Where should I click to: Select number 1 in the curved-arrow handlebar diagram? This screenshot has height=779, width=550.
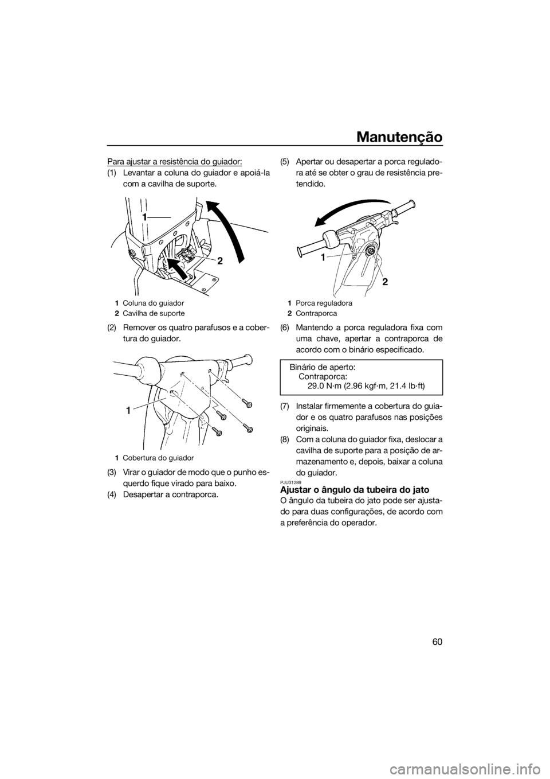324,258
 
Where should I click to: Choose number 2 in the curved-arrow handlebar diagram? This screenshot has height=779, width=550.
385,282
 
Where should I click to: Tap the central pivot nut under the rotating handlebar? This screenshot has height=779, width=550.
369,250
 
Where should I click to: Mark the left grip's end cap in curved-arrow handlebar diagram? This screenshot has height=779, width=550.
299,251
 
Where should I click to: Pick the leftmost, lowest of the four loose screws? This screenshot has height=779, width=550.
217,431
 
